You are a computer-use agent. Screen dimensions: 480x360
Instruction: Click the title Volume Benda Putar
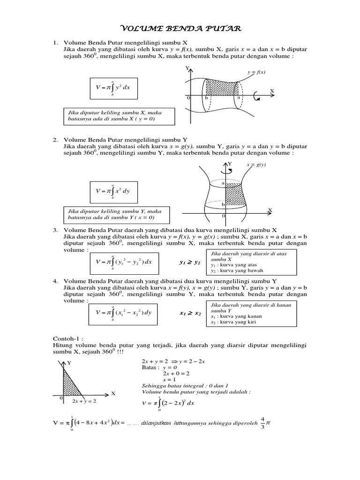click(180, 29)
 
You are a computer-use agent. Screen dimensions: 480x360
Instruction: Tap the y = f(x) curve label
click(256, 72)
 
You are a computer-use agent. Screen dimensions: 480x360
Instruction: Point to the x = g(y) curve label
click(255, 165)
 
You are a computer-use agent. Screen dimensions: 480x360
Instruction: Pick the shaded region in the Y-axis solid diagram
click(234, 193)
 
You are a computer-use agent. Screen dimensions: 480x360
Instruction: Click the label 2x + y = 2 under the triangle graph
click(84, 401)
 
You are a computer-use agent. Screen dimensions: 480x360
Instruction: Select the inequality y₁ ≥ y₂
click(190, 262)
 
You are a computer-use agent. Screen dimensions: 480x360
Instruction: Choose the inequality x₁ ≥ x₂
click(190, 313)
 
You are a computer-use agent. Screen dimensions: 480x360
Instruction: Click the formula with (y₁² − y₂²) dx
click(124, 262)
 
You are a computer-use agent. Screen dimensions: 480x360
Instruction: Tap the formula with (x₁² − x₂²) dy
click(124, 312)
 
